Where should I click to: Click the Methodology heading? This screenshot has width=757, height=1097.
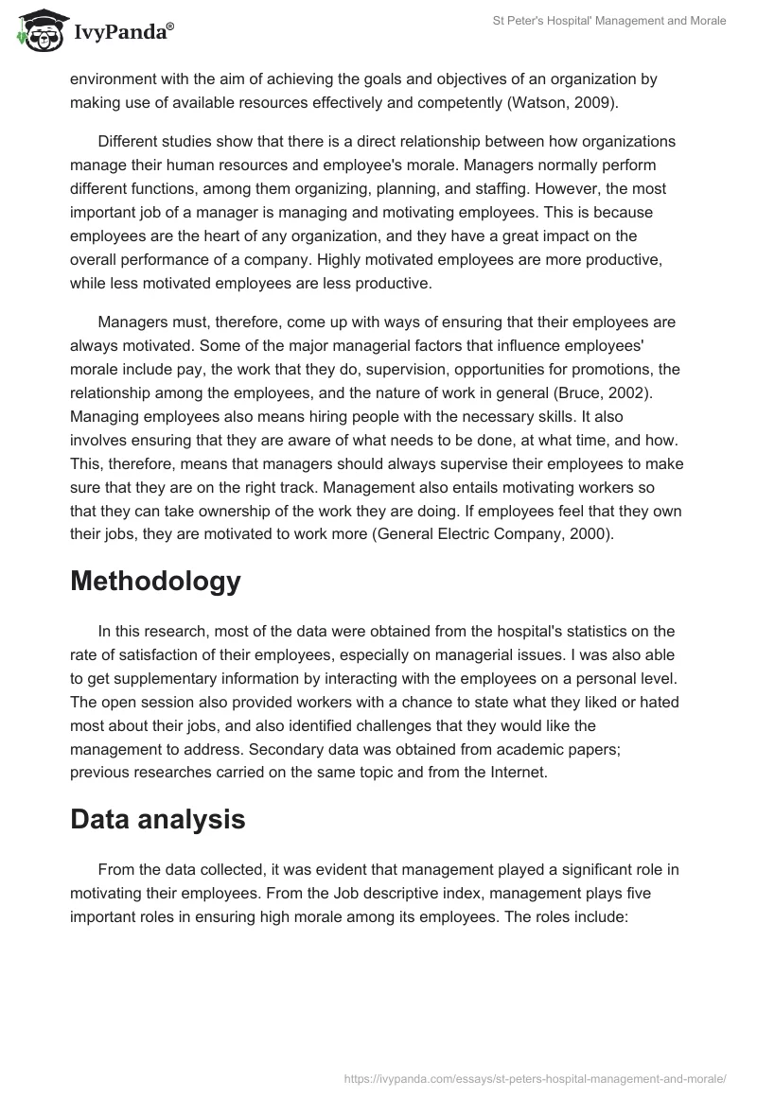click(155, 581)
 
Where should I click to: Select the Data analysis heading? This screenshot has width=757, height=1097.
click(157, 819)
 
